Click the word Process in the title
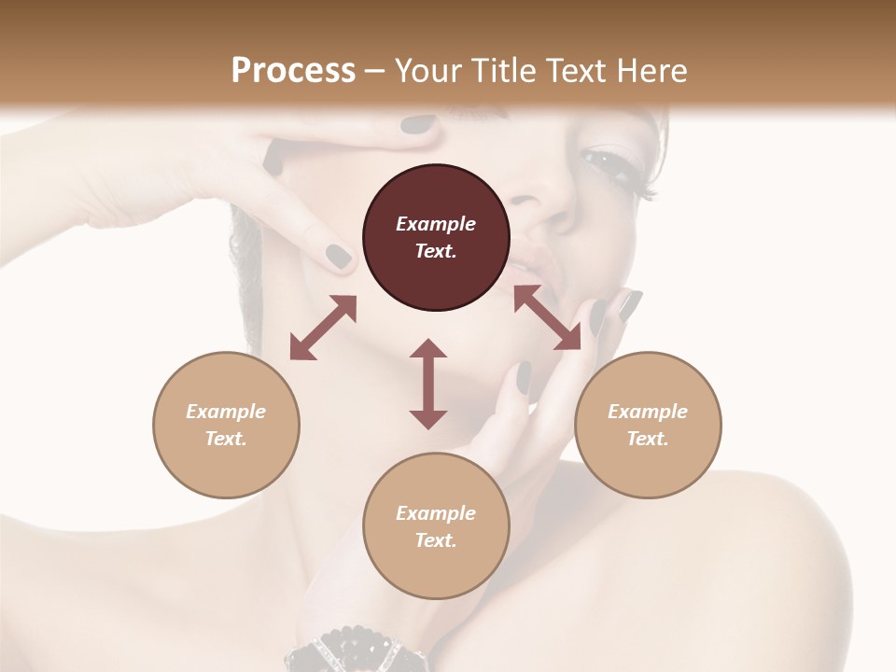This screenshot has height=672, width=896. [293, 71]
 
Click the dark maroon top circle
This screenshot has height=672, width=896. [436, 238]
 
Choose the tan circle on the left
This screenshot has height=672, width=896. [226, 425]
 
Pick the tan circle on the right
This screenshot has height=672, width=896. [648, 425]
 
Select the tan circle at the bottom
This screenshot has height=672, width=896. [436, 526]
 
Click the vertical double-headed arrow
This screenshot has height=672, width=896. [428, 384]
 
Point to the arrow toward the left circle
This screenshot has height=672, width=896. [323, 328]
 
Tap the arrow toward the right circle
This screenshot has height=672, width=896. [547, 317]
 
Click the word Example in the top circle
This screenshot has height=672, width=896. [436, 224]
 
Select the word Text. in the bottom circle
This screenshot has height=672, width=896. [436, 540]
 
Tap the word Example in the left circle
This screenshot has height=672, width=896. [226, 412]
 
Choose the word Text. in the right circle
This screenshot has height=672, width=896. [648, 439]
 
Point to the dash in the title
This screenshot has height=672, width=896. [374, 71]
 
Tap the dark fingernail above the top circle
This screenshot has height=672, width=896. [419, 124]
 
